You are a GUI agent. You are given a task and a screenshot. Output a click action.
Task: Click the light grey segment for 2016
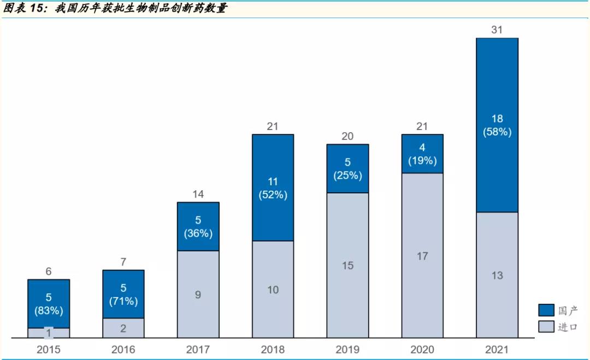[123, 328]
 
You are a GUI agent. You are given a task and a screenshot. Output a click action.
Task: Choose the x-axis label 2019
[347, 350]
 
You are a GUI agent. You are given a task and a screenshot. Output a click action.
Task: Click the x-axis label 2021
[497, 350]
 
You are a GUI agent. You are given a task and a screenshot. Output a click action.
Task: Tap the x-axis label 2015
[49, 350]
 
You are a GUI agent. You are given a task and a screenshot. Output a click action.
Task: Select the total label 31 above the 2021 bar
[497, 30]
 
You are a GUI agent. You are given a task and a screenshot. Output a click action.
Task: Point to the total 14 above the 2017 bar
[198, 194]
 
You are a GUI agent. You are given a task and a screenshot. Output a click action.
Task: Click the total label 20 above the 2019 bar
[347, 136]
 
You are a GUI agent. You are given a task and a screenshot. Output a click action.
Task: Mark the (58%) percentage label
[497, 132]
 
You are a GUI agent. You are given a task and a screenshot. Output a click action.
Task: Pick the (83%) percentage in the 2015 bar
[49, 311]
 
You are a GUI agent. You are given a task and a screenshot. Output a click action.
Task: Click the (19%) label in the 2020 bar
[422, 161]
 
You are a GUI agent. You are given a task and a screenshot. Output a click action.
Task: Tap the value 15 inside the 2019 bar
[347, 265]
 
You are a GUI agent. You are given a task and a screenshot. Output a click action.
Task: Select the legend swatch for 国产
[546, 310]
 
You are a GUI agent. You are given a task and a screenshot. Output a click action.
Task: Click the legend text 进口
[567, 327]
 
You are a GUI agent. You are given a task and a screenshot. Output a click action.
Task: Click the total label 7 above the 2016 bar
[123, 262]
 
